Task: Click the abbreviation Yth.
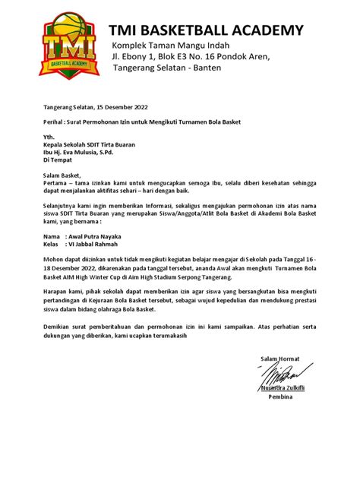[x=49, y=137]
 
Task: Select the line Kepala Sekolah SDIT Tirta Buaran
[x=88, y=144]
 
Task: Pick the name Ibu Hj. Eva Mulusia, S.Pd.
[x=85, y=152]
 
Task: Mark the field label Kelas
[x=52, y=245]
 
